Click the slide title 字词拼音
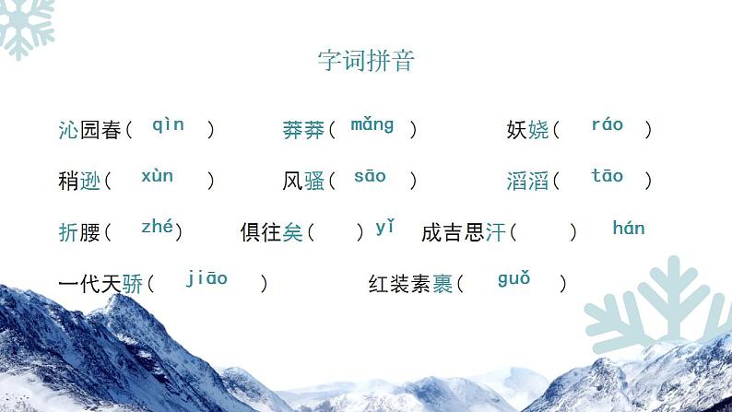366,61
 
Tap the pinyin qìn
168,124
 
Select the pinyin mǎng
372,124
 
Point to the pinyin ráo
607,124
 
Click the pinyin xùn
157,175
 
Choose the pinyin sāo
370,175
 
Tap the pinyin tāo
607,175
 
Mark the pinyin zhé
157,227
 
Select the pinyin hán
628,228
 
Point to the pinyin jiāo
207,277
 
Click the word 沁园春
89,130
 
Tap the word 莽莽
303,130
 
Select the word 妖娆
527,130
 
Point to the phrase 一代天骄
100,284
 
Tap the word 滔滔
527,182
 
